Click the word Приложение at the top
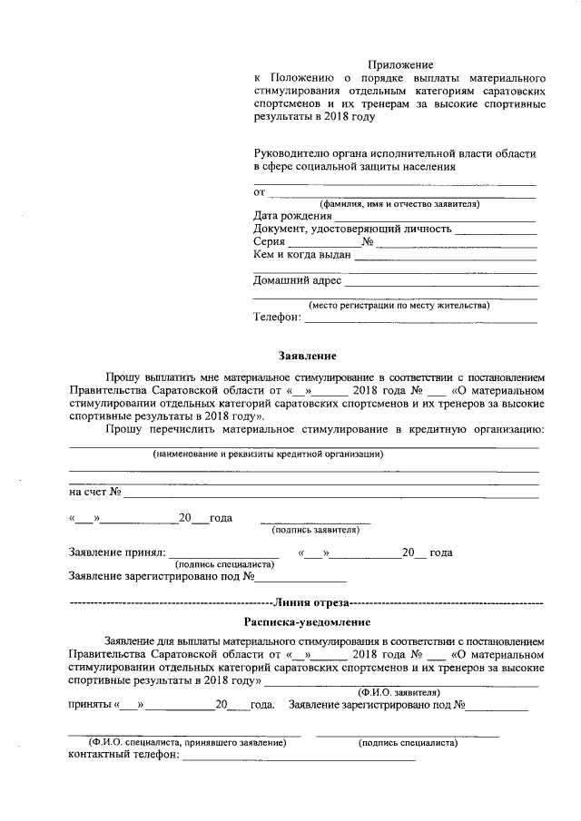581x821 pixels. point(400,64)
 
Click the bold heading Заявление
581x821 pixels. point(301,357)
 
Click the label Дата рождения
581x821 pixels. point(292,216)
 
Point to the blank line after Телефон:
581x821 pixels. point(420,319)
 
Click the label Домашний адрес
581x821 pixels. point(297,280)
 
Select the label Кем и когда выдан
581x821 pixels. point(301,255)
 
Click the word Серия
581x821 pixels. point(271,242)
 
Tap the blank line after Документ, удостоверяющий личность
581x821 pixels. point(495,231)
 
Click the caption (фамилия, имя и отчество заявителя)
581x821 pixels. point(392,204)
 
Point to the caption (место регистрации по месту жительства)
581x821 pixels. point(399,305)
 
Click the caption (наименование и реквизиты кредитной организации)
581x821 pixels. point(268,453)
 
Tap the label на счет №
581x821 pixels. point(95,493)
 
